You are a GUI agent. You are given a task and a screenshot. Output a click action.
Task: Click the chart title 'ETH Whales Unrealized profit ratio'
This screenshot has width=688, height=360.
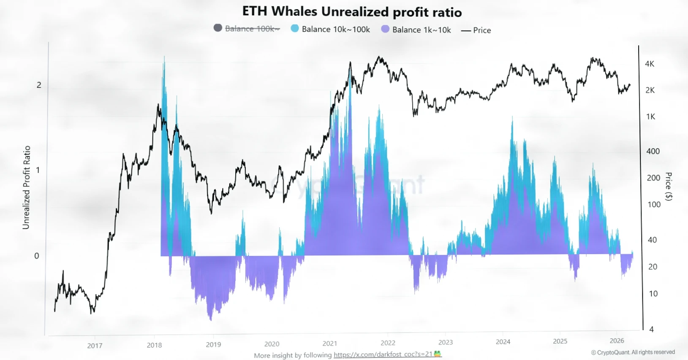pos(352,11)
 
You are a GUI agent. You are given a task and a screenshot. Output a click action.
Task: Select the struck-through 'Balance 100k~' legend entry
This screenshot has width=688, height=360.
pos(252,29)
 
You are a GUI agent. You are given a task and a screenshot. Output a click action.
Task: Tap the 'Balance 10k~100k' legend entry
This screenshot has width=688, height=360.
pos(335,29)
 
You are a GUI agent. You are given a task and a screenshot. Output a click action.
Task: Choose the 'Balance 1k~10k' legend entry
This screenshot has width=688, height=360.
pos(421,30)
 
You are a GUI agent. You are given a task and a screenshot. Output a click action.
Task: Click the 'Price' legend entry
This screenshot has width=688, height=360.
pos(481,30)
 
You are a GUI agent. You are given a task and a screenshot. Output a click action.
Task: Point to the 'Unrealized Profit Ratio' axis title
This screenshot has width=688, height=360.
pos(27,187)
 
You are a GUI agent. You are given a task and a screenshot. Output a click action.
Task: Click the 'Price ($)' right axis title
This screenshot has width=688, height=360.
pos(668,187)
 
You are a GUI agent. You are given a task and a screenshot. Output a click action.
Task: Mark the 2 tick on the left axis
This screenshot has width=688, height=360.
pos(39,85)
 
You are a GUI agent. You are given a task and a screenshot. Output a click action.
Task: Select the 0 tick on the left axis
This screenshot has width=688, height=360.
pos(37,256)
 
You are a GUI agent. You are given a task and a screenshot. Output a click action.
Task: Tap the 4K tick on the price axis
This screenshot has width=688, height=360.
pos(650,64)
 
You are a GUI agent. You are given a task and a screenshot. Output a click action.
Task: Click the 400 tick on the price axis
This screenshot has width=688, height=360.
pos(653,151)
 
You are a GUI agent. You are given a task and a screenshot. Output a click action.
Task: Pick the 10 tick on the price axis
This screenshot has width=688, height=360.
pos(653,294)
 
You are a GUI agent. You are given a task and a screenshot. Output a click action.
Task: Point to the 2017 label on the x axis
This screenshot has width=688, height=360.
pos(95,346)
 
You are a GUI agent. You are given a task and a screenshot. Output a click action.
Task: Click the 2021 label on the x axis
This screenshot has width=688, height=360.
pos(329,344)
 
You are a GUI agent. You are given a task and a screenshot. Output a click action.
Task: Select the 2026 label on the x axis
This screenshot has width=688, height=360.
pos(617,341)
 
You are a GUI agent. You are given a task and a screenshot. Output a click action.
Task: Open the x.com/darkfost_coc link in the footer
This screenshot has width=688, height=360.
pos(383,355)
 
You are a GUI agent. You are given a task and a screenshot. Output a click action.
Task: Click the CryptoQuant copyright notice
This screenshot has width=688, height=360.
pos(633,352)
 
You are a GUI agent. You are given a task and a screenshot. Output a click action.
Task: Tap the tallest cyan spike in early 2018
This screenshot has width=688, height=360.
pos(164,59)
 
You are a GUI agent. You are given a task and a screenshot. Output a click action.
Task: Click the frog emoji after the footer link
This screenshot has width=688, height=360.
pos(438,354)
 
